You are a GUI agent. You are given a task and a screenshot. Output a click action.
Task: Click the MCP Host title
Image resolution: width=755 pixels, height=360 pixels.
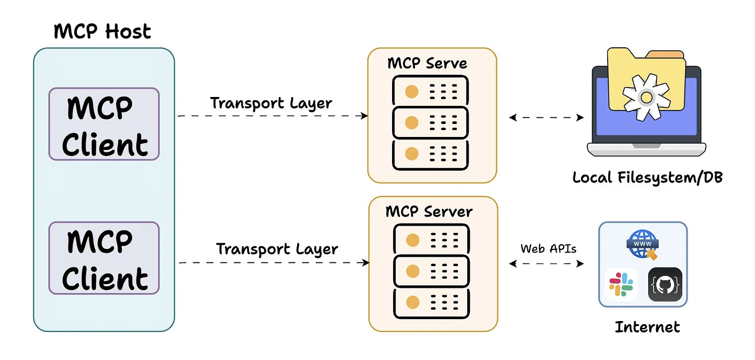(x=102, y=32)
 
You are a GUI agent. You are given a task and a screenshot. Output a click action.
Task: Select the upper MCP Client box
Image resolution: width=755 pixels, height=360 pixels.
(x=104, y=124)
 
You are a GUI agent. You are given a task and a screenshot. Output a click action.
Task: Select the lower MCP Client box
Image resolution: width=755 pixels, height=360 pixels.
(x=104, y=258)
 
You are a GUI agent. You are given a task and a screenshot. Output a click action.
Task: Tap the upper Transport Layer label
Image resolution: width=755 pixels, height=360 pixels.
(x=271, y=103)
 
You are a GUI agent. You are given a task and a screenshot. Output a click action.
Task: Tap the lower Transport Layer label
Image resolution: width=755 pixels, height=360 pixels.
(x=277, y=249)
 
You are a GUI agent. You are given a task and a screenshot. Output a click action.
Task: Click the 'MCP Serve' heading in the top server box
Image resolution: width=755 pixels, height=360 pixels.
(x=427, y=63)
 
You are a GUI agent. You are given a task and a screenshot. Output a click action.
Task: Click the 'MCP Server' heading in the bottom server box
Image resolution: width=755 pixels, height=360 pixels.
(x=429, y=212)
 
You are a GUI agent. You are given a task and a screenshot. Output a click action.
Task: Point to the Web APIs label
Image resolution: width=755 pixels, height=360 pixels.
(x=548, y=248)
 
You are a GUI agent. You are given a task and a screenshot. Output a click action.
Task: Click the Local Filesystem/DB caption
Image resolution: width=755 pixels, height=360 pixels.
(x=647, y=177)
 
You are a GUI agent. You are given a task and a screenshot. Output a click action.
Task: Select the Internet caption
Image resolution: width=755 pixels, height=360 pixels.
(x=647, y=327)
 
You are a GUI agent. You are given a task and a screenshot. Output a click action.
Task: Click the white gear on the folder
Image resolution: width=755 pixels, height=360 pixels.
(x=645, y=97)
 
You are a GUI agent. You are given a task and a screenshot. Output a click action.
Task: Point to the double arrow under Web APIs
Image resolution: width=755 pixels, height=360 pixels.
(x=547, y=264)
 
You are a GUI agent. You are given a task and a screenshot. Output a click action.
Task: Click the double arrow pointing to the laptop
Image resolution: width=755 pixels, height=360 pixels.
(x=547, y=118)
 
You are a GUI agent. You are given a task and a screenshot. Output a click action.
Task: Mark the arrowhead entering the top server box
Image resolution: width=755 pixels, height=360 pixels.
(x=365, y=116)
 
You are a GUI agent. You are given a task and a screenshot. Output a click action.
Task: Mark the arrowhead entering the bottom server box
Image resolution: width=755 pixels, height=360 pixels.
(x=366, y=263)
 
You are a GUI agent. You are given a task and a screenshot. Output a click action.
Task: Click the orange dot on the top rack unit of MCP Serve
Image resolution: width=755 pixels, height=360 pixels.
(x=412, y=92)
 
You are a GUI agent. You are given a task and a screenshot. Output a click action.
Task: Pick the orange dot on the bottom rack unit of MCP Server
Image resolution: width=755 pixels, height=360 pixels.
(x=413, y=302)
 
